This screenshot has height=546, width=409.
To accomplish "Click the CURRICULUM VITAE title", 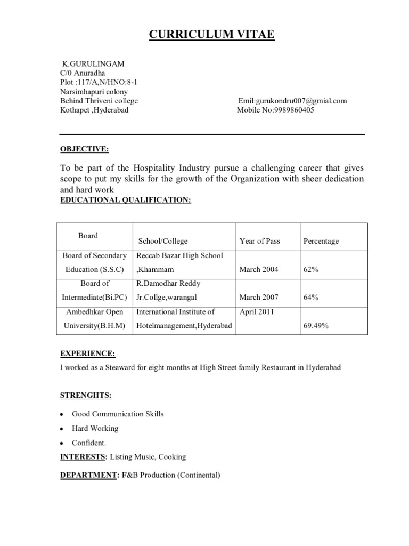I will (211, 35).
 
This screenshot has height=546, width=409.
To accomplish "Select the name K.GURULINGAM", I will (94, 63).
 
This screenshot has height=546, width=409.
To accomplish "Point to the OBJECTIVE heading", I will (84, 149).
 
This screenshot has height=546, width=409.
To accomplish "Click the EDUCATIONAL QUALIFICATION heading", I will (125, 199).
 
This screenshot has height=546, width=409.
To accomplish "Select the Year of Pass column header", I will (259, 241).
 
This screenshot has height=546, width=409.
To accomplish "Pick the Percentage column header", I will (321, 241).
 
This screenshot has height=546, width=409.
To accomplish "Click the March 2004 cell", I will (259, 269).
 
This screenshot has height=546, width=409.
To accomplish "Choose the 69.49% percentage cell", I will (316, 325).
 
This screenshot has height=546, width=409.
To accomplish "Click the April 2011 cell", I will (257, 311).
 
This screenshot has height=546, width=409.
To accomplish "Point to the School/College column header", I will (163, 241).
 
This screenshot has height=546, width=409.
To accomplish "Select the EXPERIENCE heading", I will (87, 354).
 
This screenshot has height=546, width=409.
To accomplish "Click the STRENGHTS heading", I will (86, 395).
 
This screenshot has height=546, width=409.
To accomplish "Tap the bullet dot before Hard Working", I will (62, 429).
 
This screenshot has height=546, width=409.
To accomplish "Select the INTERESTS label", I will (81, 456).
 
